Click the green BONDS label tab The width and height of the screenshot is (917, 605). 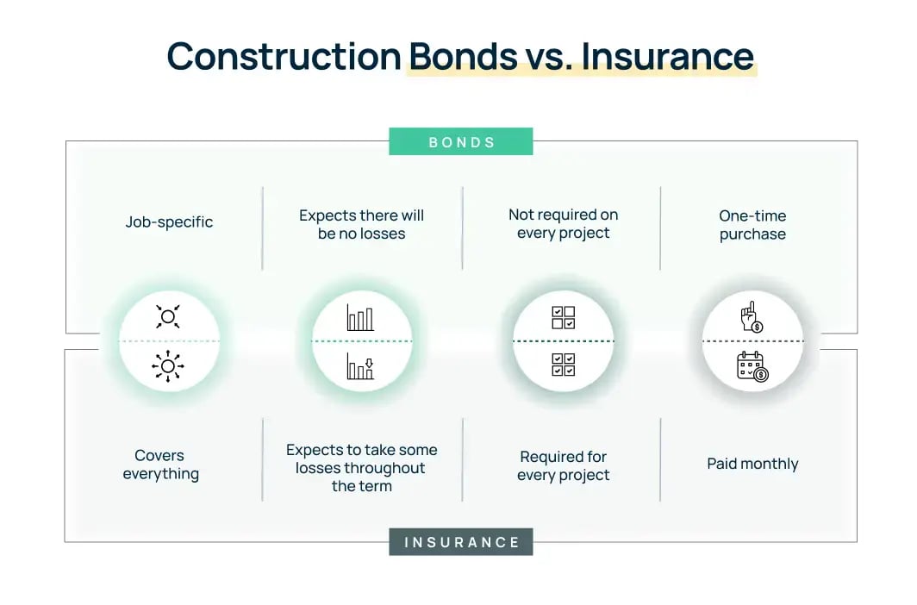tap(461, 141)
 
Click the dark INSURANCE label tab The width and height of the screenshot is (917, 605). tap(461, 542)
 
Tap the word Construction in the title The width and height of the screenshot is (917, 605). tap(284, 56)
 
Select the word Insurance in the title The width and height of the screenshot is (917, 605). tap(668, 56)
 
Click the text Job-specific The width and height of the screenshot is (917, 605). tap(169, 222)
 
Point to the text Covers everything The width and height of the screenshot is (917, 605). tap(160, 465)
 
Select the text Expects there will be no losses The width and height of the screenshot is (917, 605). tap(362, 224)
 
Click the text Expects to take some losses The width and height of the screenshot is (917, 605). tap(362, 468)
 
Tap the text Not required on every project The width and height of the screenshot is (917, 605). tap(563, 224)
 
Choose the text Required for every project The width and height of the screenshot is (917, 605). tap(563, 465)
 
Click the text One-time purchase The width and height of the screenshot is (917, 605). tap(752, 225)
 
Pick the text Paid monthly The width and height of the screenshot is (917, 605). tap(752, 464)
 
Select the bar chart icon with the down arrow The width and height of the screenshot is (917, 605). tap(360, 366)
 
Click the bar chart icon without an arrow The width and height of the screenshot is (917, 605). tap(360, 317)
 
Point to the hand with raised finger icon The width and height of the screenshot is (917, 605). tap(751, 316)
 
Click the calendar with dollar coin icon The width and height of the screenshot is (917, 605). tap(752, 366)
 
